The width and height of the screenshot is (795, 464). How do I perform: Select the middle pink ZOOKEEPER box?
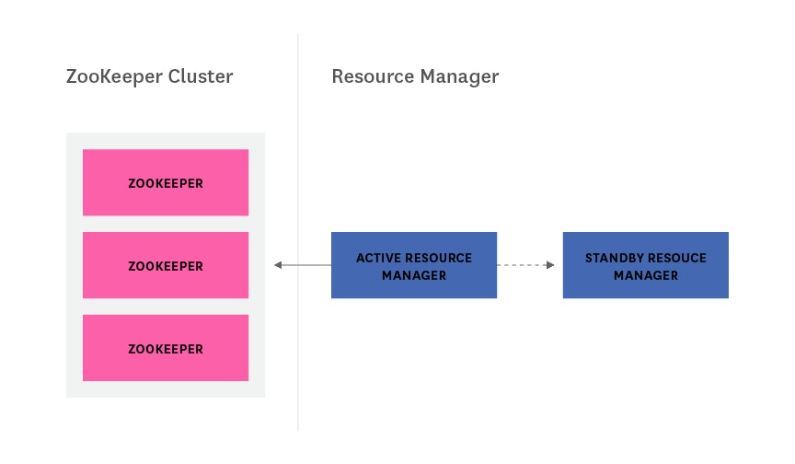point(166,265)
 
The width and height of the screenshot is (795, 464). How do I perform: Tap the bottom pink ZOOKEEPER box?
point(166,348)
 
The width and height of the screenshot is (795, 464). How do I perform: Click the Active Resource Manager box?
point(413,265)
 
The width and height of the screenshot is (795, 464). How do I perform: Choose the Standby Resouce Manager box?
point(645,265)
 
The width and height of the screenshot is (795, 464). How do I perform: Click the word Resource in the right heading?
point(372,76)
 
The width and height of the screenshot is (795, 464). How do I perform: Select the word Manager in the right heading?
point(458,76)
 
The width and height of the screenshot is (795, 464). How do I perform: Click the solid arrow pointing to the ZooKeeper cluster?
point(304,265)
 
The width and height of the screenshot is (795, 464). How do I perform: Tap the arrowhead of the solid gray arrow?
point(278,265)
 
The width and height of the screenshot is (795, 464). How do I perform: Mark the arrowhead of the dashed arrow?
point(550,265)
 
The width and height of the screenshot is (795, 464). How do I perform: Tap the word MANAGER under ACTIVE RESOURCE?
point(414,275)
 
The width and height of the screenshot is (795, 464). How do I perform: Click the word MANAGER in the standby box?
point(646,275)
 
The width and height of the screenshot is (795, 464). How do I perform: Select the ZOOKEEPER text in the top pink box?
point(166,183)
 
